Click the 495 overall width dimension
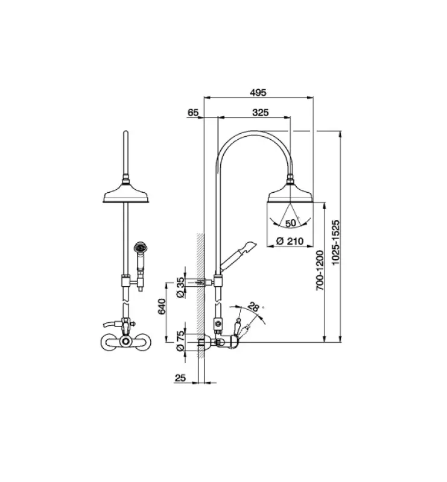[258, 92]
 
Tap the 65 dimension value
[194, 113]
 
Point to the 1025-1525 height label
[338, 238]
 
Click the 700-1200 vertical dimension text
[321, 271]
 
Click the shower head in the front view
[126, 195]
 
